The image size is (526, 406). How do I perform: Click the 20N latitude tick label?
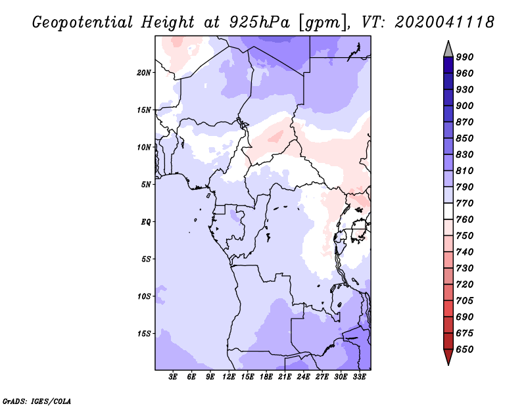tap(144, 73)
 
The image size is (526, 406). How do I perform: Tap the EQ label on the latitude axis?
tap(146, 222)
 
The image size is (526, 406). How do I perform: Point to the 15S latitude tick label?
tap(144, 334)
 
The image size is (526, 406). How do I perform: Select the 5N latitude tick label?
tap(146, 185)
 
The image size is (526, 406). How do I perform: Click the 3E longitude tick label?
tap(173, 377)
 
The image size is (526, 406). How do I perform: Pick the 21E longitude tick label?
tap(285, 377)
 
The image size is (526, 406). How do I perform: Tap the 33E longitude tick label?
tap(359, 377)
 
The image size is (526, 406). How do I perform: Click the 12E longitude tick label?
tap(229, 377)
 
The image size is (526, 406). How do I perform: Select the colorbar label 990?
tap(465, 57)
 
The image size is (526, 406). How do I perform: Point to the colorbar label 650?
tap(465, 350)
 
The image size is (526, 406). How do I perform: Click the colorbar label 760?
tap(465, 219)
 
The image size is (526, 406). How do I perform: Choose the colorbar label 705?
tap(465, 300)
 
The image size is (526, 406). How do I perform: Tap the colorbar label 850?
tap(465, 138)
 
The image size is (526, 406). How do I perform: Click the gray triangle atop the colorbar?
tap(448, 49)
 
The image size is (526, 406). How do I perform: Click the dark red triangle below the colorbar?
tap(448, 357)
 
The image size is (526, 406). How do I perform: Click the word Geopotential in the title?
tap(83, 22)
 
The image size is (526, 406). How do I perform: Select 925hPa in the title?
tap(260, 22)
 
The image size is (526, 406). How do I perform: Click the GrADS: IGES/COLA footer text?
tap(37, 401)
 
